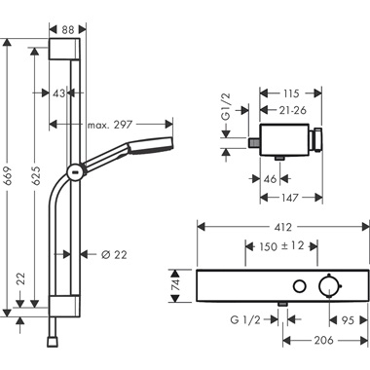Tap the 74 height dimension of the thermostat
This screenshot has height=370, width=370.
coord(177,285)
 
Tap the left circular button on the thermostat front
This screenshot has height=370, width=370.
coord(299,285)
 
